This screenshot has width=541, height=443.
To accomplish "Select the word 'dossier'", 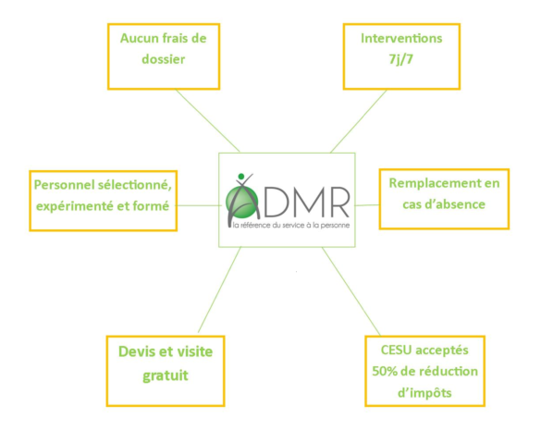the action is pyautogui.click(x=163, y=59).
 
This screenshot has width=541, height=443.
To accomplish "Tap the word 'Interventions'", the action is pyautogui.click(x=401, y=38).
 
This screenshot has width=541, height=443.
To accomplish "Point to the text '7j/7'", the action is pyautogui.click(x=401, y=60).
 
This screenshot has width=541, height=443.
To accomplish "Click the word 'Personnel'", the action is pyautogui.click(x=64, y=185).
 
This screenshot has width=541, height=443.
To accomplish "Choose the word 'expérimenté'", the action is pyautogui.click(x=75, y=206).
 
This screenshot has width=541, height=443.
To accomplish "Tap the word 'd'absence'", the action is pyautogui.click(x=459, y=204).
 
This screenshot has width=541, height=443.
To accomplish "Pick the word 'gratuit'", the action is pyautogui.click(x=166, y=375).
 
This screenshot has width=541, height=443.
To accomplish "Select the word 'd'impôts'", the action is pyautogui.click(x=424, y=393).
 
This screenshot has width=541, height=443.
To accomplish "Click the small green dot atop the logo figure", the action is pyautogui.click(x=241, y=177).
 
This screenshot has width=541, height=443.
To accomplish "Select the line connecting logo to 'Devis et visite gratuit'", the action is pyautogui.click(x=219, y=289).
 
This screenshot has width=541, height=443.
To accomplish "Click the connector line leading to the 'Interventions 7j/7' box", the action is pyautogui.click(x=359, y=121).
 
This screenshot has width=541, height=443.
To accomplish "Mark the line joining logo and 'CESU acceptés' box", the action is pyautogui.click(x=351, y=291).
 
